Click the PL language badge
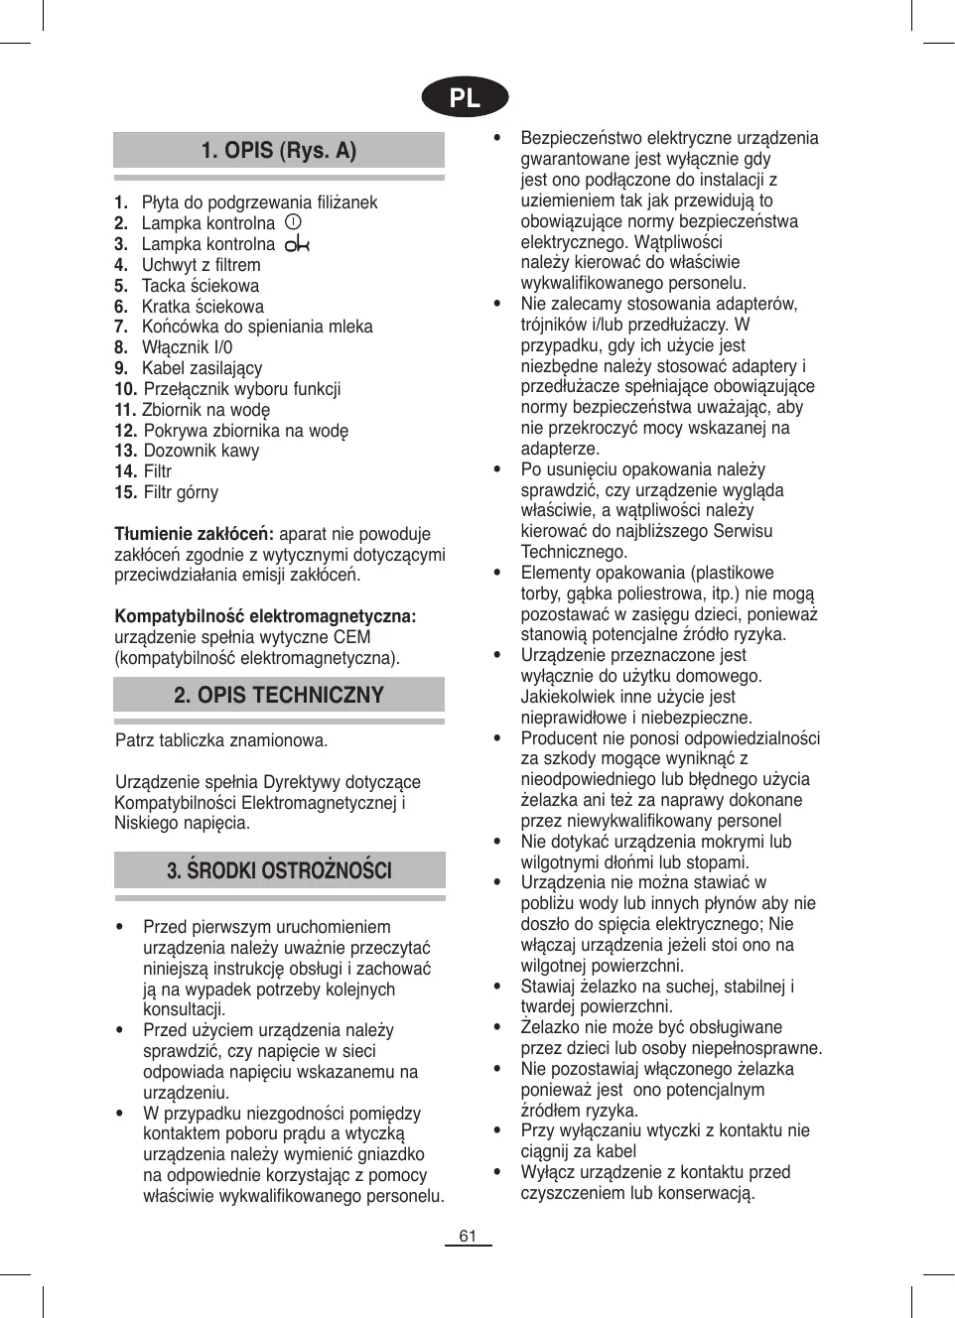pyautogui.click(x=465, y=97)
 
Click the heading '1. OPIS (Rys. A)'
pyautogui.click(x=278, y=151)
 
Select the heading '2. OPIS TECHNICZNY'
pyautogui.click(x=278, y=695)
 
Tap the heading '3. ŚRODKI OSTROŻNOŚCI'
pyautogui.click(x=279, y=870)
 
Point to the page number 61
pyautogui.click(x=468, y=1236)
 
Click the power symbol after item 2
pyautogui.click(x=293, y=222)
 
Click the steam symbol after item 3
pyautogui.click(x=297, y=244)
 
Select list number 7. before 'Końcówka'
pyautogui.click(x=121, y=327)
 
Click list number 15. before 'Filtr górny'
pyautogui.click(x=125, y=492)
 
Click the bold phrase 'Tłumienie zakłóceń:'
pyautogui.click(x=194, y=534)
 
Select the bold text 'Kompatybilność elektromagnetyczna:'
pyautogui.click(x=265, y=616)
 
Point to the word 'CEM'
pyautogui.click(x=352, y=637)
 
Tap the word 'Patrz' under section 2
pyautogui.click(x=135, y=740)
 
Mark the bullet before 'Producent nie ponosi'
pyautogui.click(x=498, y=738)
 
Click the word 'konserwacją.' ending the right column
pyautogui.click(x=708, y=1193)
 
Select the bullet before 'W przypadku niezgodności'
pyautogui.click(x=120, y=1114)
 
